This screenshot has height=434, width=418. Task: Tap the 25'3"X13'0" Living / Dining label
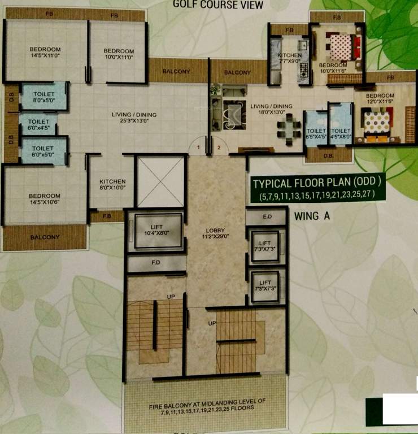click(x=134, y=118)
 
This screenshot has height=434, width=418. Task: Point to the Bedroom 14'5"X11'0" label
click(x=45, y=53)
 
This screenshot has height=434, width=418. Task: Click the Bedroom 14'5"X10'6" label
click(x=45, y=199)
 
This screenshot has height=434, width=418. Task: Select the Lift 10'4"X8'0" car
click(x=154, y=232)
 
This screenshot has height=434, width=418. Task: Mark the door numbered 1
click(x=199, y=147)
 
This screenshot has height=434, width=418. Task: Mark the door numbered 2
click(x=218, y=147)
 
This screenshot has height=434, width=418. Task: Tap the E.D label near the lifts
click(x=267, y=216)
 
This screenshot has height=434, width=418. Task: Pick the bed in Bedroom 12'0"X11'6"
click(x=377, y=125)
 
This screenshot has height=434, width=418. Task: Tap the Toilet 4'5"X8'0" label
click(x=341, y=133)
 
